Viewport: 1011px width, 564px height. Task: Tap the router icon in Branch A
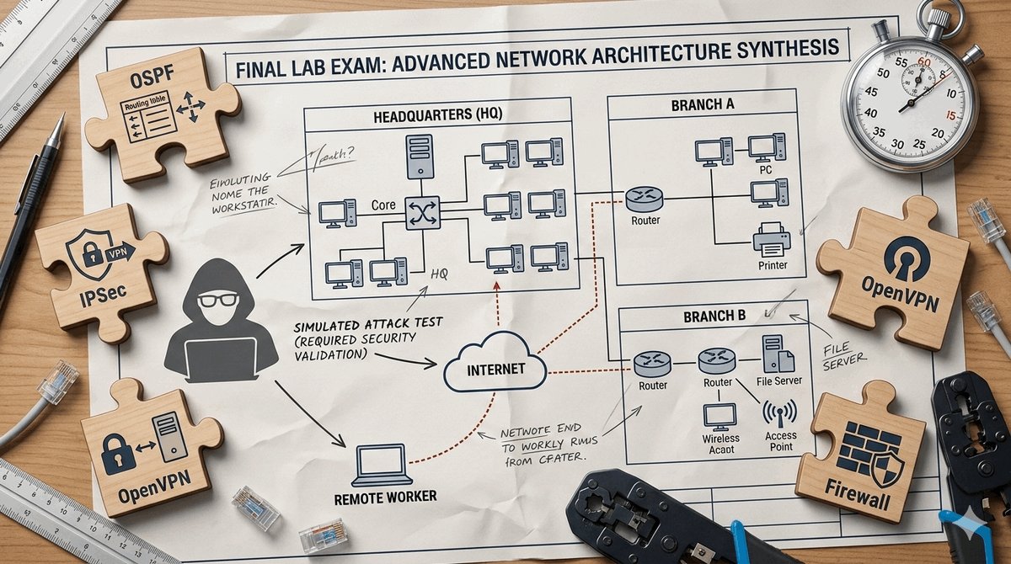(x=644, y=200)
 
